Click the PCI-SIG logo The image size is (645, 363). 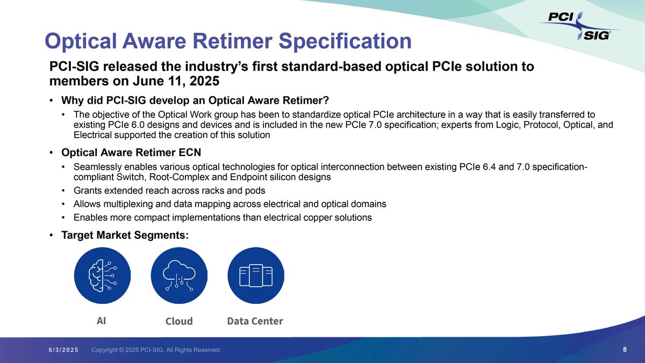coord(579,26)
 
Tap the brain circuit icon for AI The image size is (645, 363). coord(102,275)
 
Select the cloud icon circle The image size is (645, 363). coord(179,275)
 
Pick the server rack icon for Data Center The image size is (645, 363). coord(256,275)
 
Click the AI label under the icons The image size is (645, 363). coord(101,321)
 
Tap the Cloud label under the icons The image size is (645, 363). coord(179,321)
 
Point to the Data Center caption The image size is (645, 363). coord(255,321)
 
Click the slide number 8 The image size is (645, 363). coord(625,350)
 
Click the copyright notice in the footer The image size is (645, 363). coord(156,350)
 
